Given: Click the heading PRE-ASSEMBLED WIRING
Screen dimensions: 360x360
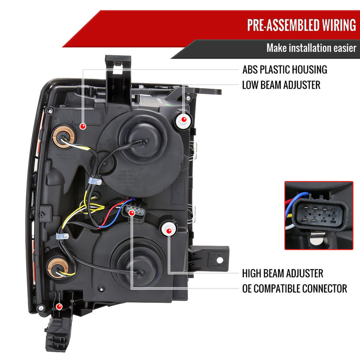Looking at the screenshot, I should [x=301, y=25].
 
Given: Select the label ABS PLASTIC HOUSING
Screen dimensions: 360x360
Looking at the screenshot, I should [x=284, y=70].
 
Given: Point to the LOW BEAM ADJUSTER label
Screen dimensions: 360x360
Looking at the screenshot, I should [x=281, y=85].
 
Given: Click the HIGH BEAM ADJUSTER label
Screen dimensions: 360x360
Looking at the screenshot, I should [x=283, y=273].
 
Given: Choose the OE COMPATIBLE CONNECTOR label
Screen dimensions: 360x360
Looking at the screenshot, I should [x=294, y=288].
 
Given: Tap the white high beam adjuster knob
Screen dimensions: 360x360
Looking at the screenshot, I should [x=169, y=230].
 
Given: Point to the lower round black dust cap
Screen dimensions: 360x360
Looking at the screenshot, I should [x=139, y=260].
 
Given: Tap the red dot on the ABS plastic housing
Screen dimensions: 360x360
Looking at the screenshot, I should [x=83, y=127].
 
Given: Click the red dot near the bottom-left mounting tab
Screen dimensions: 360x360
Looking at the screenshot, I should [x=58, y=307].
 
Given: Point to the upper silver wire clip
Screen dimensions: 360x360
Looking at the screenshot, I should [x=94, y=182].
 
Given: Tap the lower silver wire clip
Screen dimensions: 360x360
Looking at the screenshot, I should [x=60, y=237].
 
